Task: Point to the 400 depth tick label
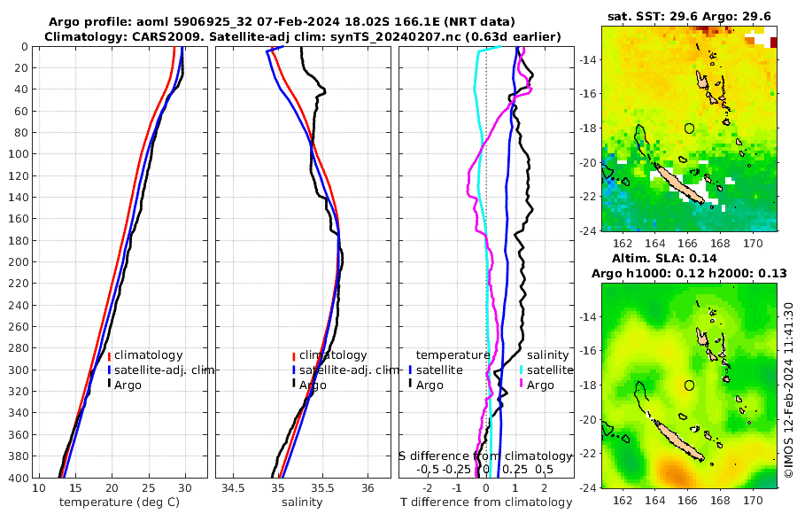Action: (x=18, y=479)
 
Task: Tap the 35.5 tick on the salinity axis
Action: (x=323, y=488)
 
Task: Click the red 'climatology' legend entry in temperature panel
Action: (x=148, y=355)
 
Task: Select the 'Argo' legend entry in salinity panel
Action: (x=312, y=385)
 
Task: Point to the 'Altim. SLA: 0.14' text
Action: (x=689, y=258)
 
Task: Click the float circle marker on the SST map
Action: (x=690, y=128)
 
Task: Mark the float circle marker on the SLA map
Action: (x=690, y=385)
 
